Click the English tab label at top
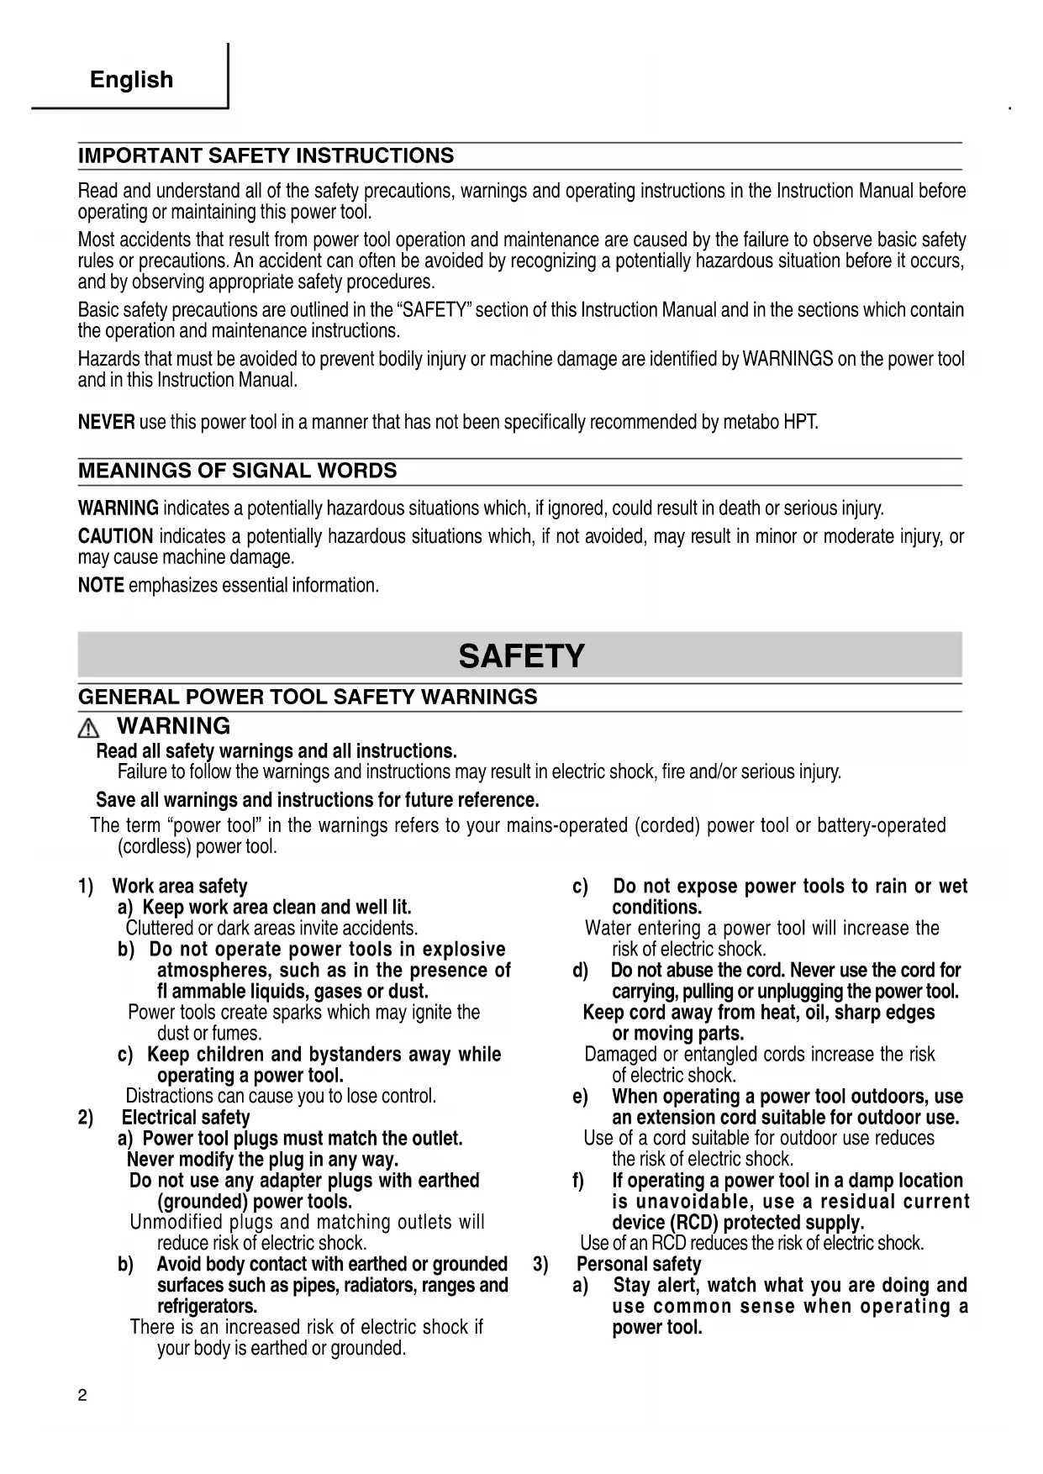click(131, 80)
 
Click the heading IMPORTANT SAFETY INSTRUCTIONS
click(266, 156)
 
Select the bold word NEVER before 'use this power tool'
click(106, 422)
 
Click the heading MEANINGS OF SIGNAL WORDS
click(237, 471)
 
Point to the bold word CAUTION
click(115, 536)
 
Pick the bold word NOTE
click(101, 586)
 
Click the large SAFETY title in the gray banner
click(521, 656)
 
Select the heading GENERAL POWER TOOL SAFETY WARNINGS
click(308, 698)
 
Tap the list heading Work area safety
click(180, 887)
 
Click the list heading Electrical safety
click(186, 1118)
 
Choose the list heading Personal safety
click(639, 1265)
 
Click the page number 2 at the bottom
click(82, 1397)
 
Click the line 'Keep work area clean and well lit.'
click(277, 908)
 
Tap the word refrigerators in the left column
click(207, 1307)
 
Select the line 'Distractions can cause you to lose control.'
click(281, 1097)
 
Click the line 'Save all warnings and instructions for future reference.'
click(317, 800)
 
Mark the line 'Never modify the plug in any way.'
click(262, 1160)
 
